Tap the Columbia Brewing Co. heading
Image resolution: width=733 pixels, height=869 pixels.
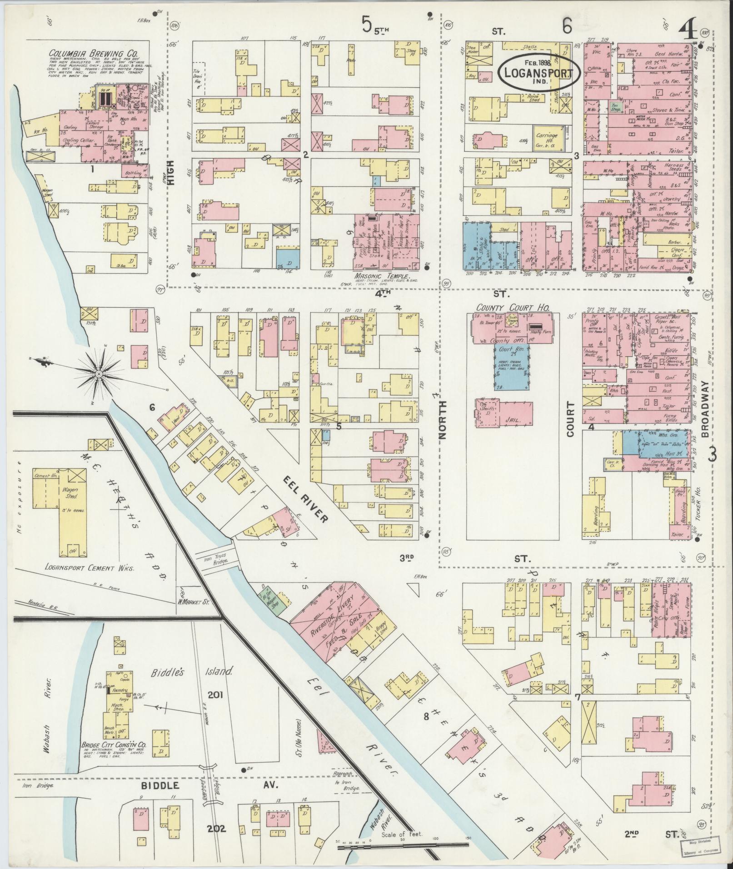tap(94, 53)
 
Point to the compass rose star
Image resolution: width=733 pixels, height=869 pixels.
tap(99, 374)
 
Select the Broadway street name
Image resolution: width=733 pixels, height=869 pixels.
tap(705, 409)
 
